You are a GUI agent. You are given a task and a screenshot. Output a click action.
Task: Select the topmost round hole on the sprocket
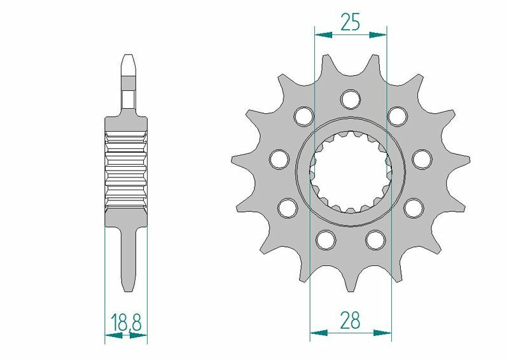point(350,99)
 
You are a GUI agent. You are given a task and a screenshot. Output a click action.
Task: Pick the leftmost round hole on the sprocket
point(279,158)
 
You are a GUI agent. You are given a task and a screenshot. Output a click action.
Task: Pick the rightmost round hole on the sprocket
point(421,158)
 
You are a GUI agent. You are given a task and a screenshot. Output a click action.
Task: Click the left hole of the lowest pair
point(326,239)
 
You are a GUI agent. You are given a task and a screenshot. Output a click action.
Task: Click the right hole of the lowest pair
point(375,239)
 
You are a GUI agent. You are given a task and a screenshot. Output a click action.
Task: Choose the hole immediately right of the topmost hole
point(398,116)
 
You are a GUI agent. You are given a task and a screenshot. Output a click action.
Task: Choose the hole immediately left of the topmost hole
point(303,116)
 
